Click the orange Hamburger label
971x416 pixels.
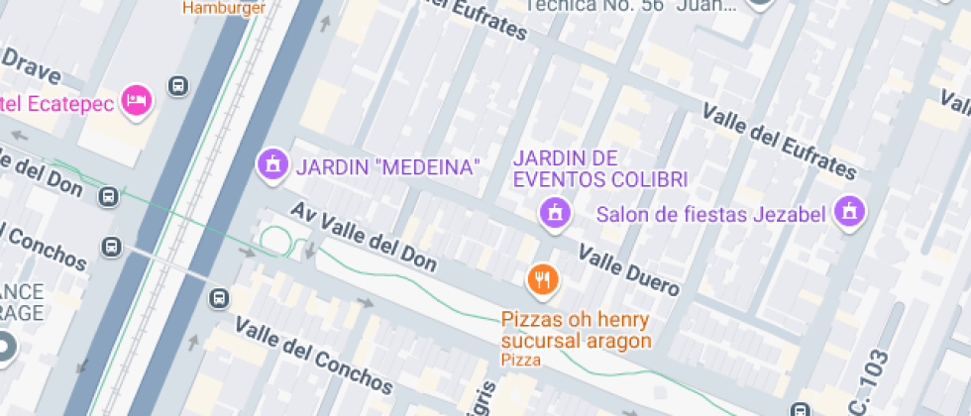(x=223, y=7)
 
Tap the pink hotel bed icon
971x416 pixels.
(x=135, y=100)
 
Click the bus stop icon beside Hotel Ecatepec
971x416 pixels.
(x=178, y=86)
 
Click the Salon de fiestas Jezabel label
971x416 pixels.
(x=710, y=214)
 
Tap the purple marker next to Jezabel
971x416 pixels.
(x=848, y=210)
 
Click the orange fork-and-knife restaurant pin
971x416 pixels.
(x=541, y=280)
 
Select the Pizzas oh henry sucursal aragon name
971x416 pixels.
(x=576, y=331)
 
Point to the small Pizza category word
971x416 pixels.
(x=521, y=360)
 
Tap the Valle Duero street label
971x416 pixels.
(x=629, y=271)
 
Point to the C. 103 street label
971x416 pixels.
(x=875, y=375)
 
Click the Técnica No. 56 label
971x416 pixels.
(x=630, y=5)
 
